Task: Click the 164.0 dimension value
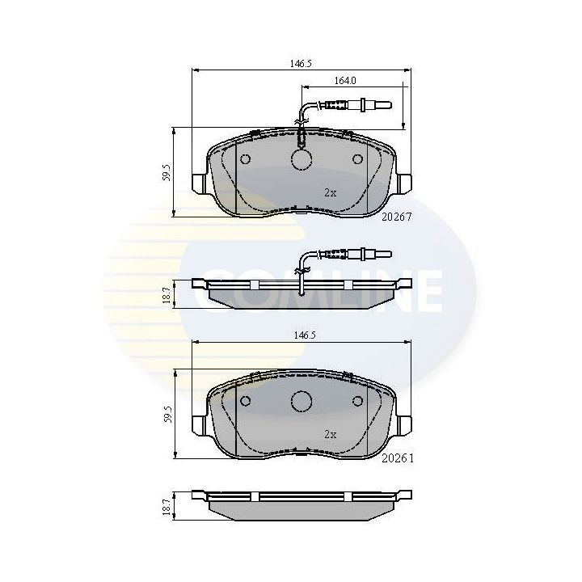point(346,80)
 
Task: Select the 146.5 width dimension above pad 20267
point(301,62)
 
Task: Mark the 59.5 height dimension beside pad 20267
point(165,172)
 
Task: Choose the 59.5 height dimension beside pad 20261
point(165,414)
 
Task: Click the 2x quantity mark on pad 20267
point(330,192)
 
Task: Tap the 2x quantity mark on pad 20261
point(330,434)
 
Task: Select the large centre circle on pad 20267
point(302,160)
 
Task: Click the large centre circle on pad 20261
point(302,402)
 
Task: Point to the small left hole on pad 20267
point(247,158)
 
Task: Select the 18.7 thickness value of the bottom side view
point(166,507)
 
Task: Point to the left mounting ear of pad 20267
point(200,184)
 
